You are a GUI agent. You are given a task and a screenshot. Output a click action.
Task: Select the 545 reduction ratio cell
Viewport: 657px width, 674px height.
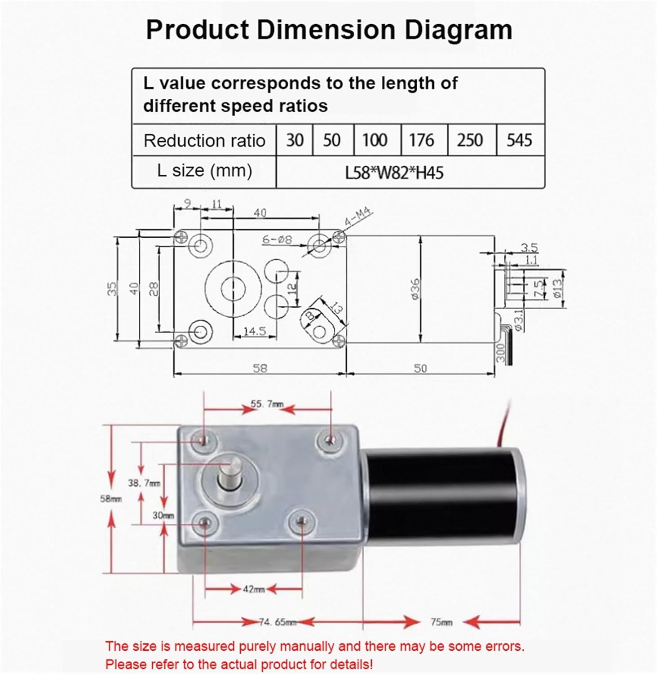(x=520, y=140)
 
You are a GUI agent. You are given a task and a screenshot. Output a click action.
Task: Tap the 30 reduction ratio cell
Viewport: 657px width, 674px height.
(x=295, y=140)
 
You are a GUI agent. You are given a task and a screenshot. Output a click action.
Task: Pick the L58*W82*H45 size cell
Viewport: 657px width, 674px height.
(x=394, y=173)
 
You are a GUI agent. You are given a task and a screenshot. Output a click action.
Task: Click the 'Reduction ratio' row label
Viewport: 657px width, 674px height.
(x=204, y=141)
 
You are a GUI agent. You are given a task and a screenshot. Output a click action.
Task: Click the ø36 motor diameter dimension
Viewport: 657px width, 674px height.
(x=415, y=289)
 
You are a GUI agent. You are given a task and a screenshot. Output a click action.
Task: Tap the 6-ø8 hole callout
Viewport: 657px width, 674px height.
(x=277, y=239)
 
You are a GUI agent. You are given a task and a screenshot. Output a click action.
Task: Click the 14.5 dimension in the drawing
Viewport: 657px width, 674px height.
(x=255, y=332)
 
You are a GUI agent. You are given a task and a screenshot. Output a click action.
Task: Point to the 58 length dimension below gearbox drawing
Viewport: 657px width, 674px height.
(x=260, y=368)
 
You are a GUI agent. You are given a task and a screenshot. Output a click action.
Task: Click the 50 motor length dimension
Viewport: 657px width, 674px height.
(x=420, y=368)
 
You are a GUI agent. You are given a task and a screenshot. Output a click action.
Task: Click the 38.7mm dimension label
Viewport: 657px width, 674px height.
(x=144, y=483)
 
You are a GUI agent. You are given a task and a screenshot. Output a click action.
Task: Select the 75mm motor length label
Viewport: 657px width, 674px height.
(x=441, y=622)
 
